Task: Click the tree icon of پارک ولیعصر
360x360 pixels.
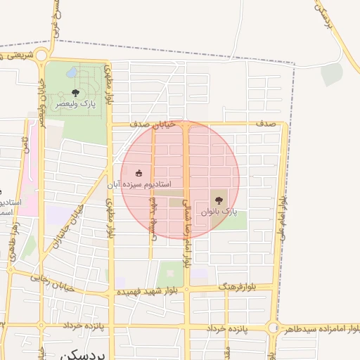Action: (x=75, y=93)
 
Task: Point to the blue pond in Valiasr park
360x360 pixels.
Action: (x=72, y=72)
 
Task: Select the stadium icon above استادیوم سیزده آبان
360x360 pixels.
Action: (x=139, y=173)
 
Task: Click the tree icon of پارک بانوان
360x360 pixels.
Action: (x=217, y=200)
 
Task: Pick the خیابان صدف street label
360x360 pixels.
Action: (x=148, y=124)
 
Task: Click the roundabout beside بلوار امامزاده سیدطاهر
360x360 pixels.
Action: (x=273, y=328)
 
